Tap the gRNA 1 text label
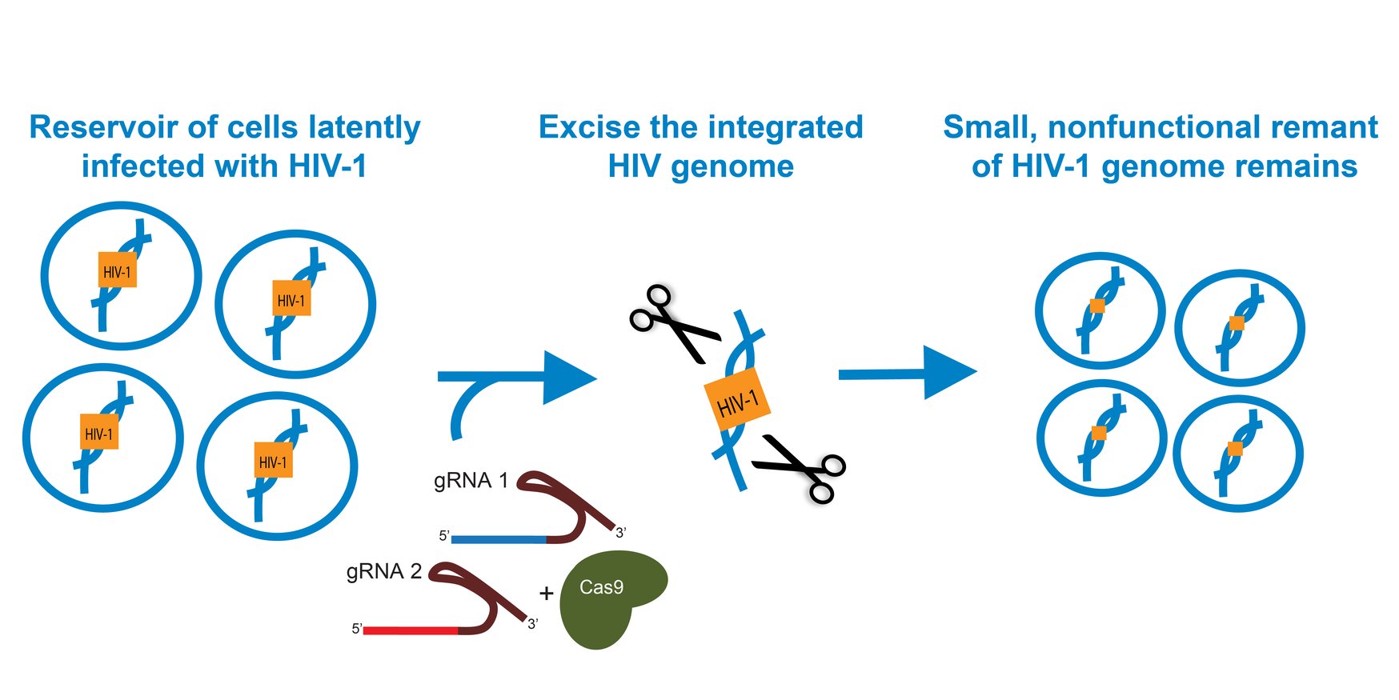click(x=471, y=481)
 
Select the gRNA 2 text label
click(x=383, y=572)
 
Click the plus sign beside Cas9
click(x=547, y=594)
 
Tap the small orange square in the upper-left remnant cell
click(x=1096, y=306)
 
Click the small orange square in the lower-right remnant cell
click(x=1235, y=449)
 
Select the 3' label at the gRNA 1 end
click(x=620, y=533)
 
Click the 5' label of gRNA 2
click(x=357, y=630)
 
